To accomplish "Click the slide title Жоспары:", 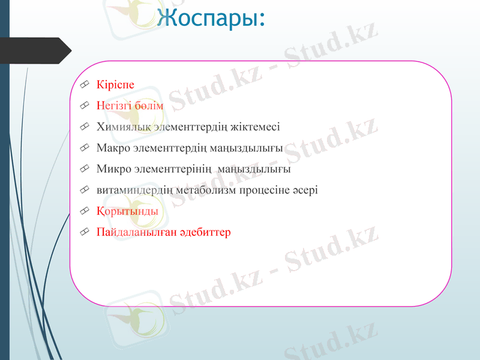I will (x=210, y=17).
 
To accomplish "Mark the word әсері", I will (x=306, y=190).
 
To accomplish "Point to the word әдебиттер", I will (x=203, y=232).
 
